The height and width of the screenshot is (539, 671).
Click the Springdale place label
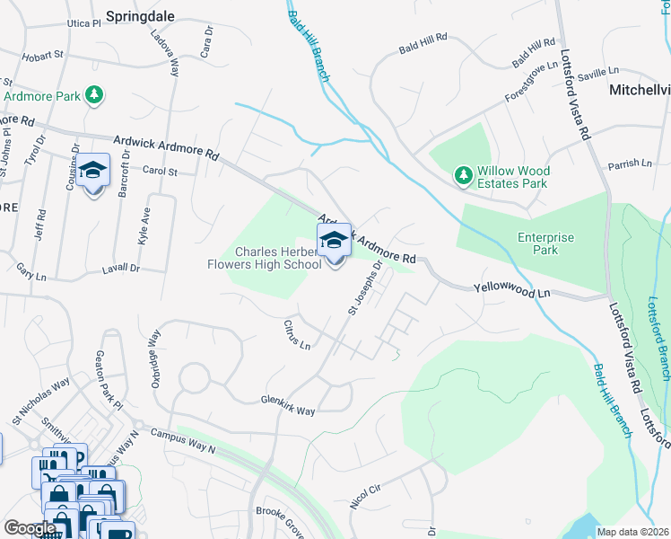(x=140, y=15)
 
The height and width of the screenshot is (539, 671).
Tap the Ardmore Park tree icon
(x=93, y=94)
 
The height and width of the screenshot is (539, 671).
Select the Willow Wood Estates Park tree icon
(x=463, y=175)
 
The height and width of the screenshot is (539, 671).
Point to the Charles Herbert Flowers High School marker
(x=334, y=243)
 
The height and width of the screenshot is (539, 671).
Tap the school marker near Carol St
(x=92, y=172)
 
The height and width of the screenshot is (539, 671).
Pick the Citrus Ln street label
(x=296, y=337)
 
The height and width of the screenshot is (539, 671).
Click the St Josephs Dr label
(x=366, y=285)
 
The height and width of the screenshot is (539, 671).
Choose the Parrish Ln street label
(x=629, y=163)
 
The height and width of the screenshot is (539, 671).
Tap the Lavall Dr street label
(x=122, y=268)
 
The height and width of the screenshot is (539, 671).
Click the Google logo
(x=30, y=529)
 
